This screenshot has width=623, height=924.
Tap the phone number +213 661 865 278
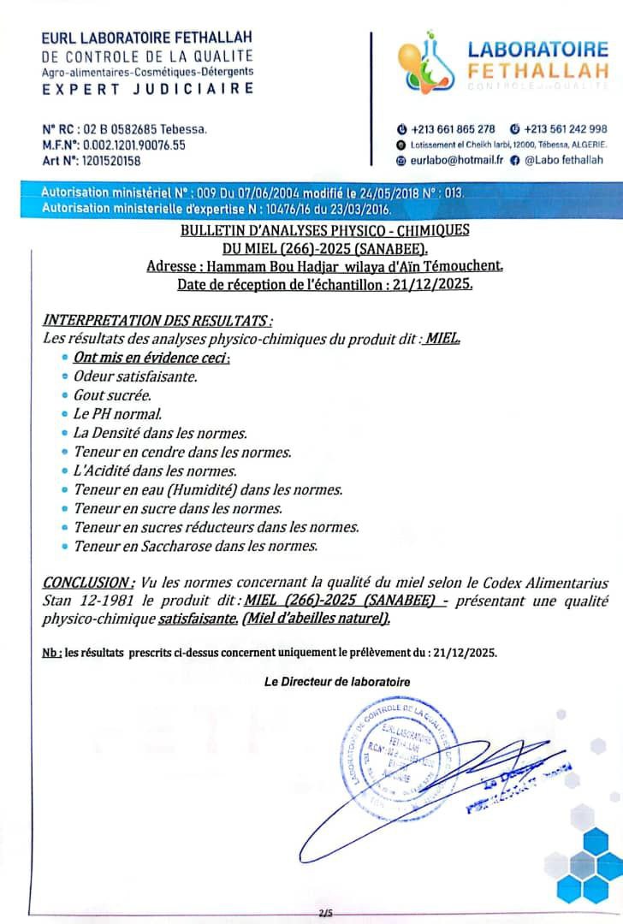[453, 129]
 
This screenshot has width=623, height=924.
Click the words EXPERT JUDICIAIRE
[148, 88]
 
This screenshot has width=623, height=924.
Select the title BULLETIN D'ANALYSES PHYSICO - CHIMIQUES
[324, 231]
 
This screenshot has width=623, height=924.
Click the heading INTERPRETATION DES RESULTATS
[158, 321]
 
